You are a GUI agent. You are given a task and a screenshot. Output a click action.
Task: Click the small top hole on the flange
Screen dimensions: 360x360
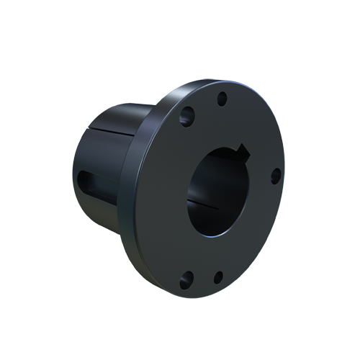coord(222,99)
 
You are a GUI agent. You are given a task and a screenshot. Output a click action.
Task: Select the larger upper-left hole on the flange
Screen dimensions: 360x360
coord(189,113)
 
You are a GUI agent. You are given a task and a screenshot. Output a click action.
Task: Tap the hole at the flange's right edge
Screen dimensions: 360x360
coord(275,175)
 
